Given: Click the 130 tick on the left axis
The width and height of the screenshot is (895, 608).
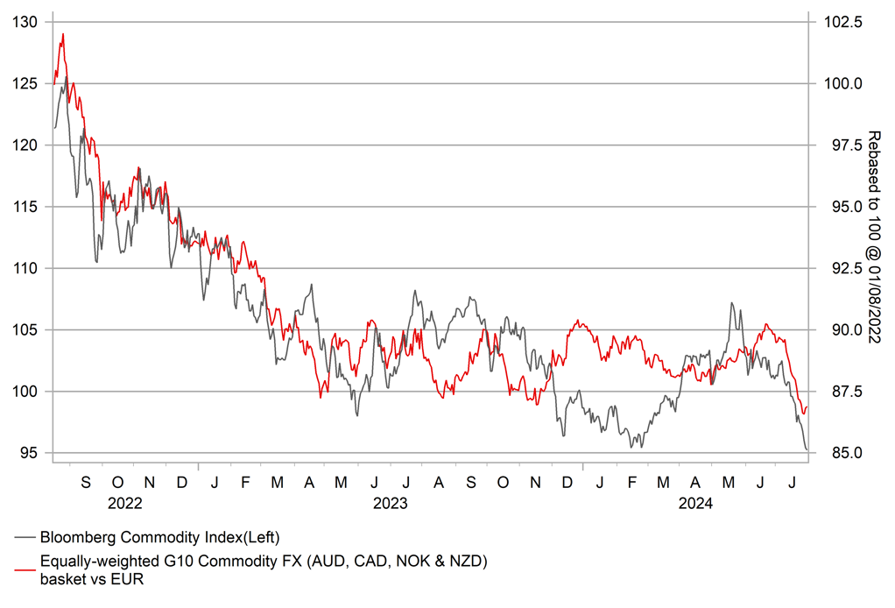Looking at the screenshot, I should click(x=28, y=22).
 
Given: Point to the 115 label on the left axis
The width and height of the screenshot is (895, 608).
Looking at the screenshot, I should click(x=28, y=207).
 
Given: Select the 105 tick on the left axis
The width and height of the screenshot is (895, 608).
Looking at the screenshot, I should click(x=28, y=329).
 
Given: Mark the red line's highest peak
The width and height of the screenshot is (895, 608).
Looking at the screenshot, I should click(x=63, y=34).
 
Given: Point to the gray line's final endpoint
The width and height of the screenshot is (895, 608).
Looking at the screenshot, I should click(x=807, y=449).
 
